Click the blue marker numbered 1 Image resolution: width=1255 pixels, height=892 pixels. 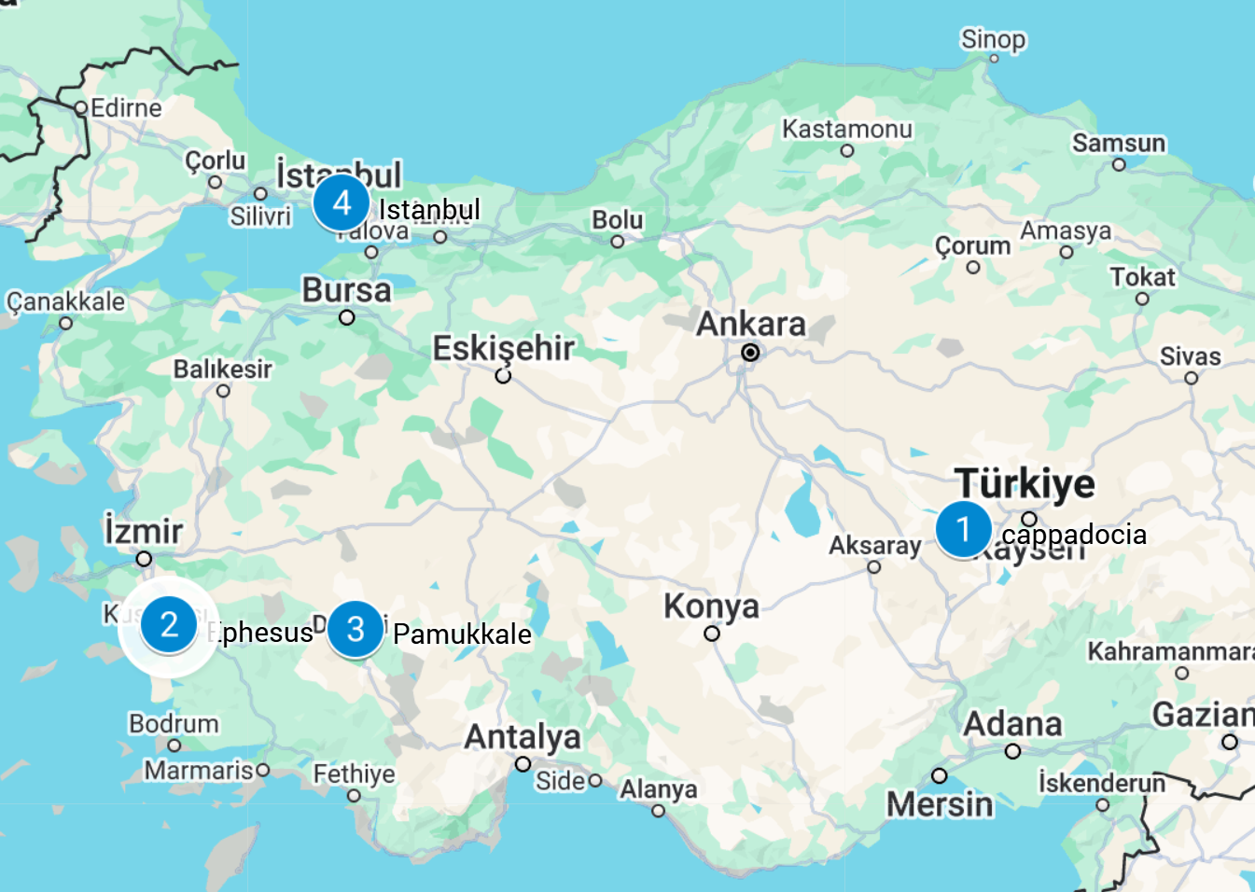click(963, 529)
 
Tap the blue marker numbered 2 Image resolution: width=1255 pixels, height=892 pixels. click(169, 624)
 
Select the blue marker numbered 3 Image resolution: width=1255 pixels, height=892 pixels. click(356, 629)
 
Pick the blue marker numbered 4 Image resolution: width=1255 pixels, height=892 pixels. click(342, 202)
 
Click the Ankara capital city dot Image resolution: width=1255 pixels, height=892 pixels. click(750, 353)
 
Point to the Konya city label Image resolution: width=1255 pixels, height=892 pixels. click(711, 606)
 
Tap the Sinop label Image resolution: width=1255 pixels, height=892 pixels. click(993, 39)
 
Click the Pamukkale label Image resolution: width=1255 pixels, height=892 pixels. click(462, 634)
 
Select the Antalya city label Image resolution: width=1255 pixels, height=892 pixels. click(523, 736)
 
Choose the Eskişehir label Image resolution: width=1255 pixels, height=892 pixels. click(503, 348)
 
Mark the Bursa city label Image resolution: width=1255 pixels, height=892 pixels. click(346, 290)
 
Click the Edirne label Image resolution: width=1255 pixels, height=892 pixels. click(126, 108)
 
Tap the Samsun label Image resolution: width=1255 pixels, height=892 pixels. click(1118, 143)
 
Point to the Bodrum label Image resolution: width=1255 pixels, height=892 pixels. click(174, 723)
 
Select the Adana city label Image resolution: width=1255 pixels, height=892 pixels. click(1012, 723)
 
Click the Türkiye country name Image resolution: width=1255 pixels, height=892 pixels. click(1025, 483)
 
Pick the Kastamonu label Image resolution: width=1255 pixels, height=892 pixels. click(846, 129)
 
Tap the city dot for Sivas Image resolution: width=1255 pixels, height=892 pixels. click(1191, 378)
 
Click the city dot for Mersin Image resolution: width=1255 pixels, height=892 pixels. click(940, 776)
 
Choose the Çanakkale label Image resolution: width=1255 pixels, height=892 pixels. click(65, 301)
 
